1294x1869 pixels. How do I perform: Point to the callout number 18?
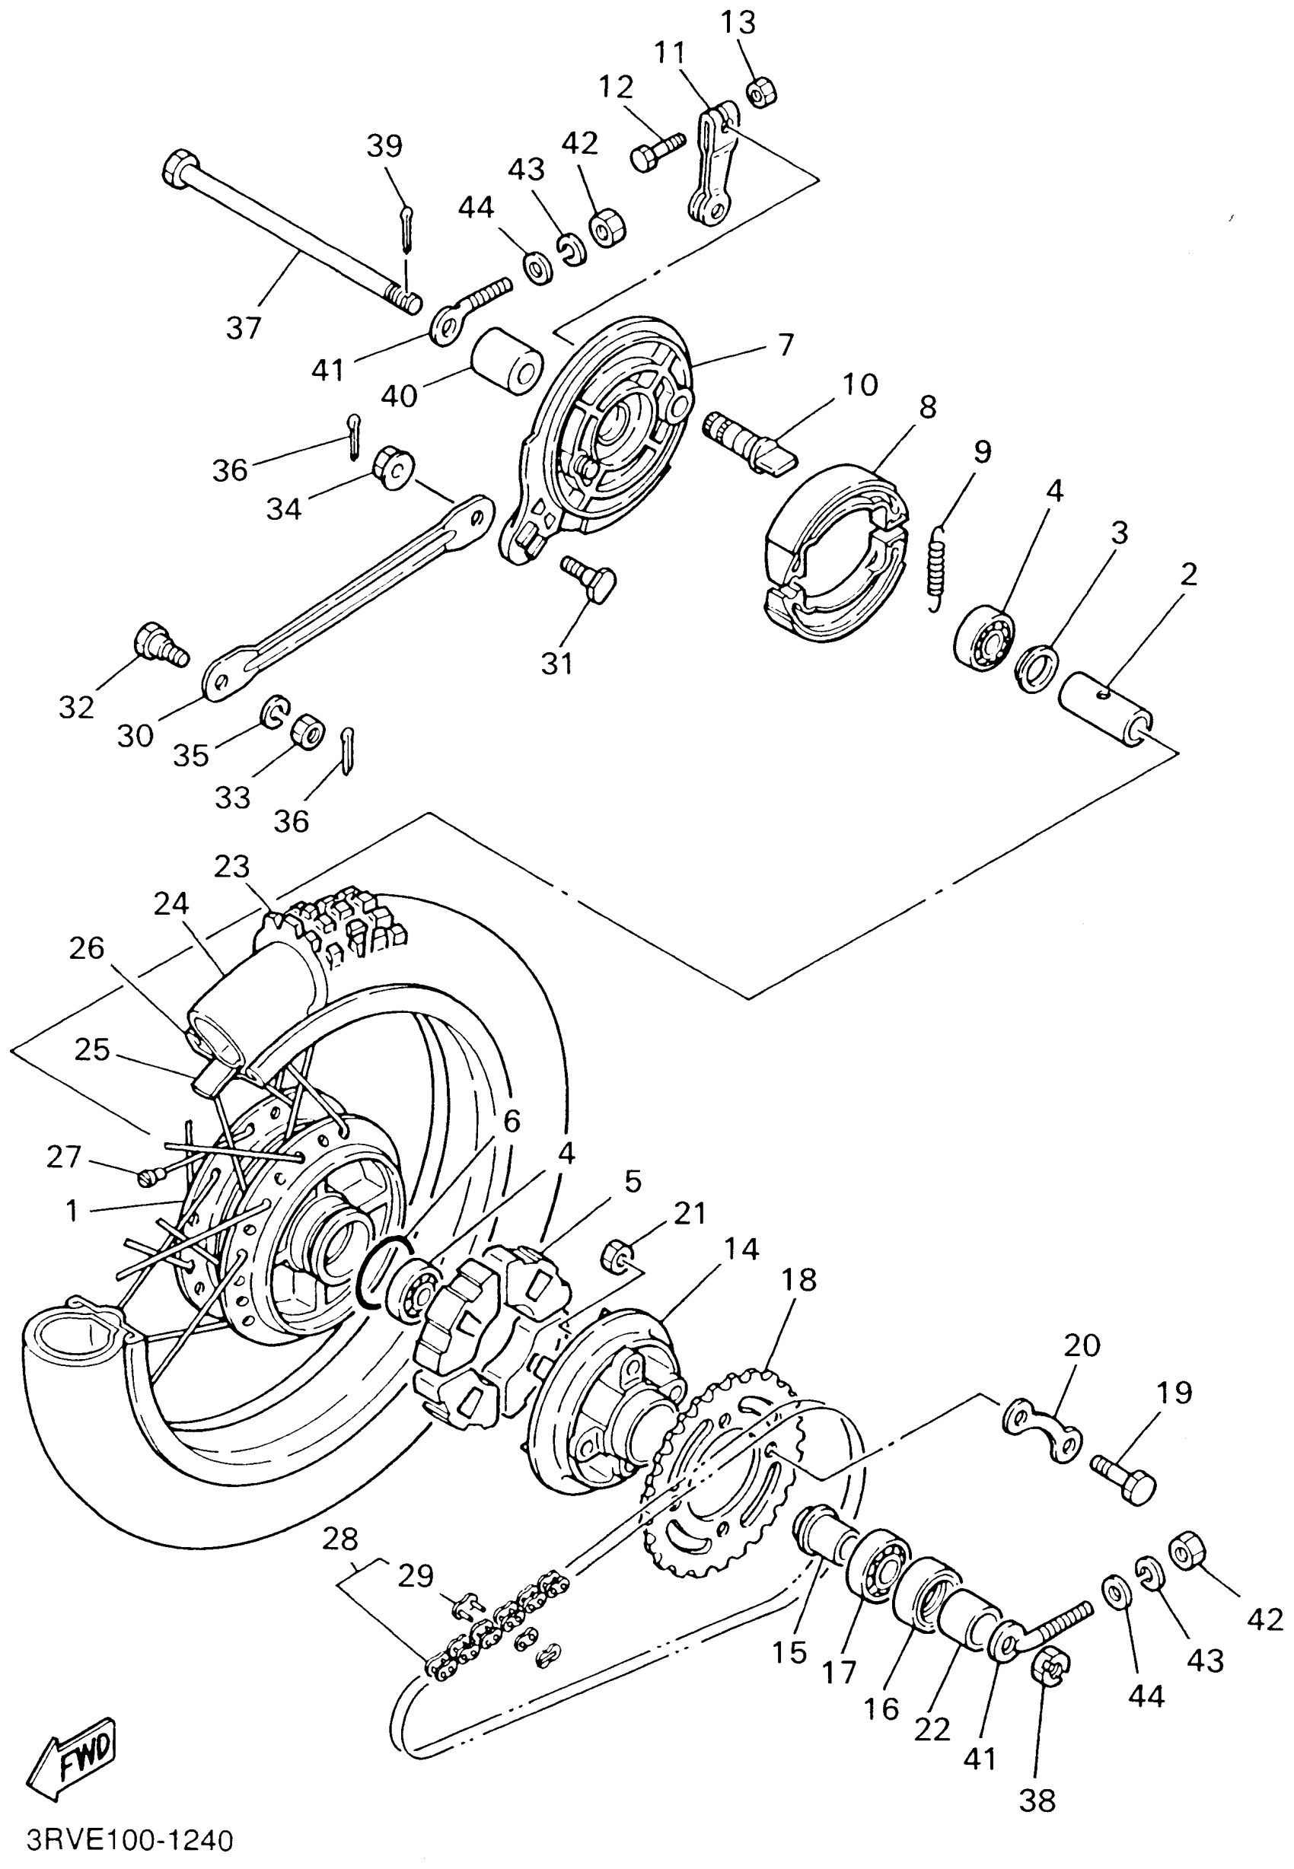pyautogui.click(x=798, y=1280)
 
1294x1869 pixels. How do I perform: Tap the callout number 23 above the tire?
pyautogui.click(x=232, y=867)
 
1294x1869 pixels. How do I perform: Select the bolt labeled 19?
pyautogui.click(x=1123, y=1480)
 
